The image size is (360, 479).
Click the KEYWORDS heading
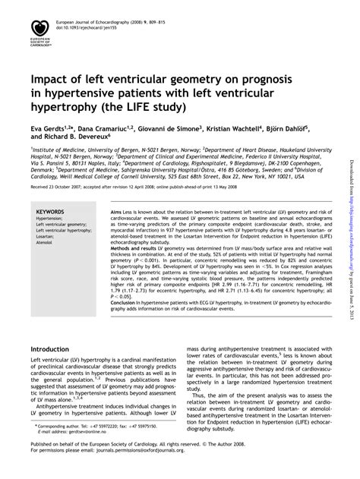[50, 213]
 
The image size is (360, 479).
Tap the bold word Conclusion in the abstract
[127, 302]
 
